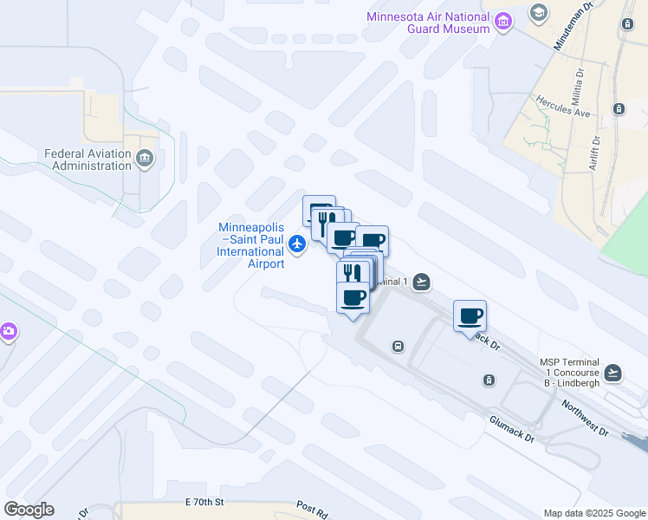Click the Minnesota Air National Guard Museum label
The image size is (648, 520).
pos(428,22)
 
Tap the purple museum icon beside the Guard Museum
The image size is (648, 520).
pos(502,22)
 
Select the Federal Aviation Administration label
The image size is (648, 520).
pos(87,160)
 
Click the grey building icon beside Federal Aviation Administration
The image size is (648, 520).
pos(144,158)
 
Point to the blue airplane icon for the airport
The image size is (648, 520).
pos(298,244)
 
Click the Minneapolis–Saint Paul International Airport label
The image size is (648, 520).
pos(251,245)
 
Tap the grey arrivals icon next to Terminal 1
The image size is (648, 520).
pos(421,281)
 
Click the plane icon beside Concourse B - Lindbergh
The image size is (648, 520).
pos(613,372)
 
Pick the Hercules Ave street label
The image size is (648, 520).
pos(562,107)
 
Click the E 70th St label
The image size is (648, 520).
pos(204,503)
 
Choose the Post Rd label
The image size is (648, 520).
pos(311,509)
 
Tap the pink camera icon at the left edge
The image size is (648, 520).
pos(8,331)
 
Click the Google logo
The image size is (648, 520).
pos(29,510)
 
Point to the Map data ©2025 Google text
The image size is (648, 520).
pos(594,513)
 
